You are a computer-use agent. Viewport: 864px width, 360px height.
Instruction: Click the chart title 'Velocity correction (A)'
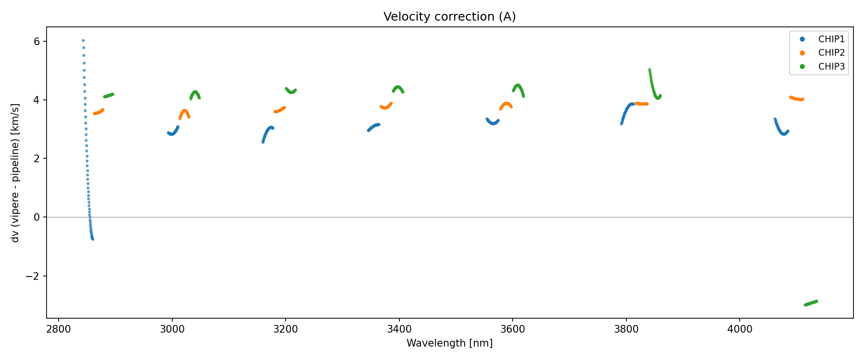tap(449, 17)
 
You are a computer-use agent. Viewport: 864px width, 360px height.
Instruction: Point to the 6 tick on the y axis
tap(36, 42)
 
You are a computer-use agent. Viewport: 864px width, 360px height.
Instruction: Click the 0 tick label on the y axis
tap(36, 217)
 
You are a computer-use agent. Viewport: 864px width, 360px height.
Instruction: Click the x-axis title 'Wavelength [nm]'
tap(449, 343)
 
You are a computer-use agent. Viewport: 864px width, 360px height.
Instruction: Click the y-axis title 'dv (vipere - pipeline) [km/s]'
tap(15, 173)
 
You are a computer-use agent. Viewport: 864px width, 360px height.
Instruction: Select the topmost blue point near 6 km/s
tap(83, 41)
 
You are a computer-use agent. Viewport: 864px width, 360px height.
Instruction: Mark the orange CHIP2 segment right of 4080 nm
tap(796, 99)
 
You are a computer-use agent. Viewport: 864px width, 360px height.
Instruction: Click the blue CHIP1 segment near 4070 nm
tap(780, 130)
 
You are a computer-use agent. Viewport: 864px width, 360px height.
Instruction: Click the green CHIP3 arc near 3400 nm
tap(398, 87)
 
